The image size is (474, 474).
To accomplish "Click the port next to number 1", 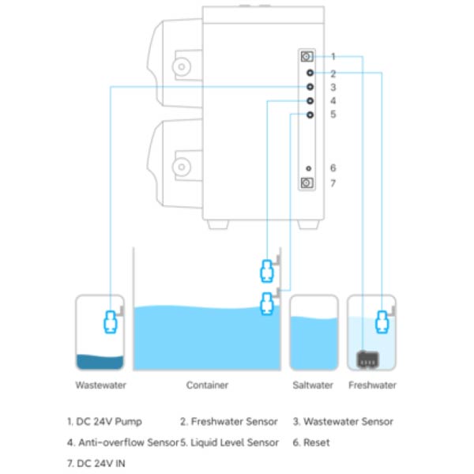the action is (x=307, y=57).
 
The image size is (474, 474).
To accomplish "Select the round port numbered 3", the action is (x=310, y=87).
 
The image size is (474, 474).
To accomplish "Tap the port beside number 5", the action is (x=310, y=115).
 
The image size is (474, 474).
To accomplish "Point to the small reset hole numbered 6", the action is (x=308, y=168).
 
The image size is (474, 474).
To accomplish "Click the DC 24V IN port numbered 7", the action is (x=307, y=183).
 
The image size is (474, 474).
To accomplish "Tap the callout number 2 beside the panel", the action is (x=333, y=73).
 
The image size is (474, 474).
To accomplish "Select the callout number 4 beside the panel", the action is (x=333, y=100).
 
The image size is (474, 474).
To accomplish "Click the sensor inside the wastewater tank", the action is (x=110, y=322).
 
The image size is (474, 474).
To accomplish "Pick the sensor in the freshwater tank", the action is (x=382, y=322).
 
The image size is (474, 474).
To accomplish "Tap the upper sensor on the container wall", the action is (x=267, y=271).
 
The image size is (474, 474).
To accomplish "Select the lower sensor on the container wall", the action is (x=267, y=304).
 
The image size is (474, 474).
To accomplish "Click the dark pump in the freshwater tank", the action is (x=367, y=359).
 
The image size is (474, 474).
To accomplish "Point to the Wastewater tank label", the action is (x=100, y=386).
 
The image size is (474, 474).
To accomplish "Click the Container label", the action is (x=207, y=386).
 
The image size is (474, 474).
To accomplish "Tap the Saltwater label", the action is (x=313, y=386).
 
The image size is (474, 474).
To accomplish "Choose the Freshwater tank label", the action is (x=372, y=386).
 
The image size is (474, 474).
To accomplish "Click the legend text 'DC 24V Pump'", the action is (x=109, y=422).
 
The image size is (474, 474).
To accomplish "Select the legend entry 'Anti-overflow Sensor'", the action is (x=129, y=442).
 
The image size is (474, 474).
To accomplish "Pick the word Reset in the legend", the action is (x=317, y=442).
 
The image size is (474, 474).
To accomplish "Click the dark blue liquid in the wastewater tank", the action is (x=100, y=362).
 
